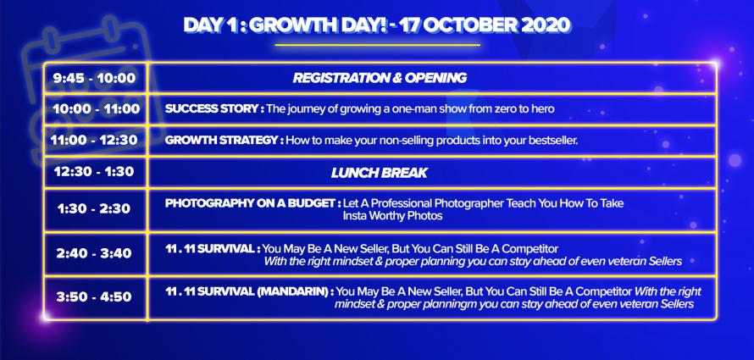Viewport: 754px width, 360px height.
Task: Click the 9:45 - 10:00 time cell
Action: (95, 78)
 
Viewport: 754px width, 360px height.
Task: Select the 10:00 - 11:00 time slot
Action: (97, 109)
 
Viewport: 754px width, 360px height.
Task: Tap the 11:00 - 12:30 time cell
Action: (94, 141)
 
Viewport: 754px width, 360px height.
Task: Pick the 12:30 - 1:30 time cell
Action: (94, 172)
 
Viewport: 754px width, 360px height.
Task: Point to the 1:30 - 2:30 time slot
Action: (94, 209)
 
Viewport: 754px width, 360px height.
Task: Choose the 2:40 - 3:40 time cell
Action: (94, 253)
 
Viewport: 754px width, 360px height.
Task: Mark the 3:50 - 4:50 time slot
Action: (94, 297)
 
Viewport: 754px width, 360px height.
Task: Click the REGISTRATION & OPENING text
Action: (380, 78)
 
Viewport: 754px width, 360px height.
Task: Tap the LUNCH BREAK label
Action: (380, 173)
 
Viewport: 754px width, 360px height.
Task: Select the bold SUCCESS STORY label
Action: (214, 108)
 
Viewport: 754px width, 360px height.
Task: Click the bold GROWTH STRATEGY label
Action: (225, 141)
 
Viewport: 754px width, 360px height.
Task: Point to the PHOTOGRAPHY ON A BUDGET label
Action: (253, 203)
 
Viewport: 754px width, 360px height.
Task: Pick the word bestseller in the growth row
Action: (552, 141)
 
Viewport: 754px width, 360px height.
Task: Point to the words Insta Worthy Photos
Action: (392, 216)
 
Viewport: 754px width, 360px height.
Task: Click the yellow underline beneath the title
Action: (378, 45)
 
